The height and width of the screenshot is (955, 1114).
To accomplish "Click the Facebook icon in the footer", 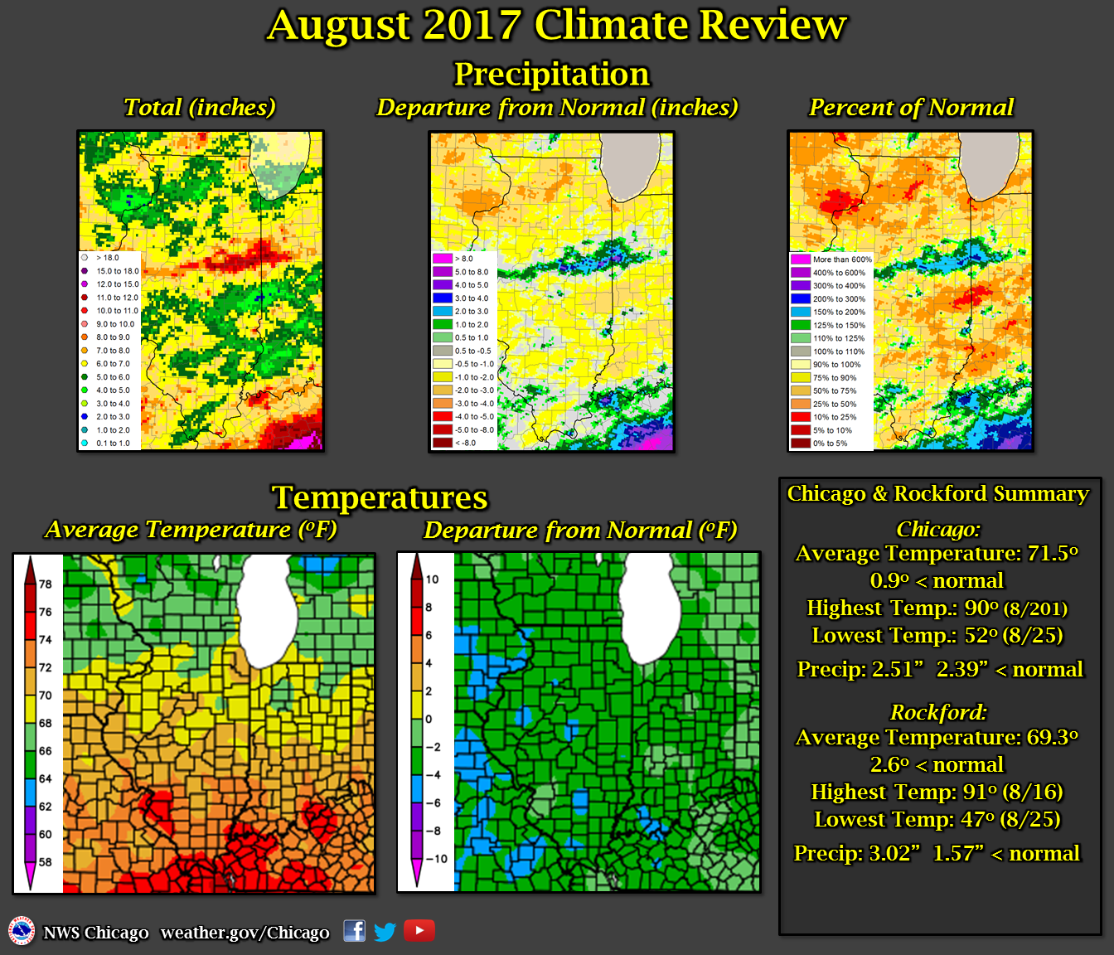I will (x=354, y=931).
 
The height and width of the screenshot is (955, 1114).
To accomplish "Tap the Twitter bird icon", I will (x=385, y=932).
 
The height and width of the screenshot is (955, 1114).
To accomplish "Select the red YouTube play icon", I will (x=419, y=931).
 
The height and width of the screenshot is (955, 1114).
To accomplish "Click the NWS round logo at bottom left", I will (x=22, y=931).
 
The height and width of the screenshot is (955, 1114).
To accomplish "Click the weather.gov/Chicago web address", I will (x=245, y=933).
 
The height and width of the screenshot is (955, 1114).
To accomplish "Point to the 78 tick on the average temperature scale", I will (x=45, y=584).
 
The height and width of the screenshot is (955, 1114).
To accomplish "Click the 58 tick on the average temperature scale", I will (x=45, y=862).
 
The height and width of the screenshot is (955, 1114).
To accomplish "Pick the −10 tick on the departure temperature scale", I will (x=436, y=859).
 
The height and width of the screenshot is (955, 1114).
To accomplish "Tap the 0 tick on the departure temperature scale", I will (x=429, y=719).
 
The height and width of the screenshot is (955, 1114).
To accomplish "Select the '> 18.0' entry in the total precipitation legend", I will (x=108, y=258).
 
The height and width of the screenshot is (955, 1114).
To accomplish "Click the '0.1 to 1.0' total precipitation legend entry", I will (x=113, y=444).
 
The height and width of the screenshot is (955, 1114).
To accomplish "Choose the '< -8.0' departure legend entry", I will (x=465, y=444).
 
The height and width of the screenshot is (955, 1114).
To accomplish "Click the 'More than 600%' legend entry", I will (x=841, y=259).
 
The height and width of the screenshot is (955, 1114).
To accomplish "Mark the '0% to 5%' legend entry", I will (x=830, y=444).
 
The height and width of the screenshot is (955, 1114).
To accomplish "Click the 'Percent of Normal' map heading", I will (x=911, y=108).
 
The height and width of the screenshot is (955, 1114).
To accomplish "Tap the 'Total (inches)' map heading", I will (x=199, y=108).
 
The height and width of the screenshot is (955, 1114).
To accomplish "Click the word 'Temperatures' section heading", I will (x=380, y=497).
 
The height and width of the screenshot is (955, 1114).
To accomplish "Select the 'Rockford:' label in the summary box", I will (x=938, y=713).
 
